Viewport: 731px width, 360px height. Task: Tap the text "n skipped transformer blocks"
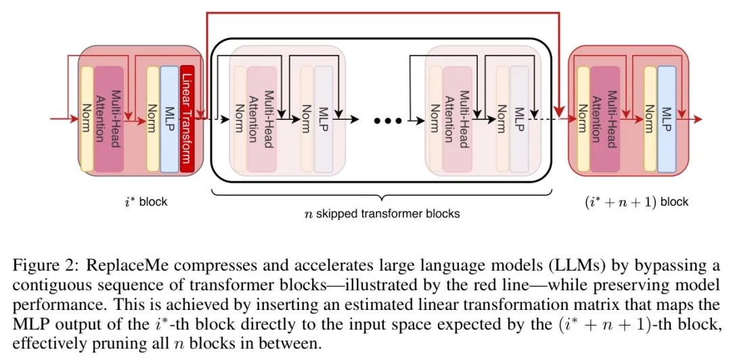[x=382, y=214]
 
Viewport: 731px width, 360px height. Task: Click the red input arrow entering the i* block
[x=64, y=120]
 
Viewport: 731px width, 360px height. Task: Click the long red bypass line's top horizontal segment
[x=379, y=12]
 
